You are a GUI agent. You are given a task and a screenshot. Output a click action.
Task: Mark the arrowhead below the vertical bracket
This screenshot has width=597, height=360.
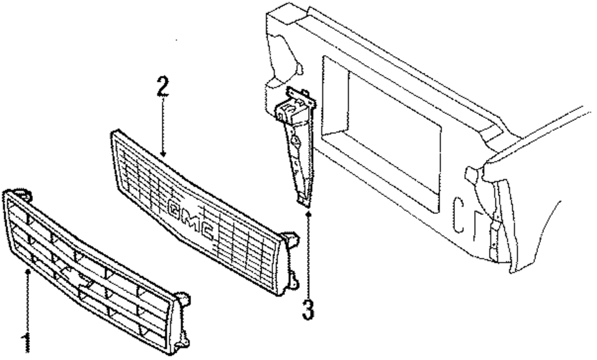[308, 210]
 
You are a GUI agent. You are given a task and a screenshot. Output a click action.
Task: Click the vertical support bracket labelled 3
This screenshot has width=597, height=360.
[296, 149]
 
